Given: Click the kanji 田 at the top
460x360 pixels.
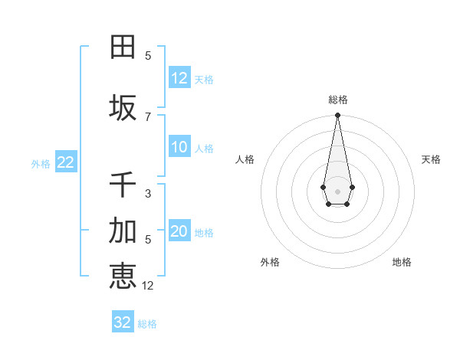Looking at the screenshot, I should pos(123,47).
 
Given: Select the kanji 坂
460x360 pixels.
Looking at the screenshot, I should pos(123,108).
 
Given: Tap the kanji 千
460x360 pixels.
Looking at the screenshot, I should pos(123,185).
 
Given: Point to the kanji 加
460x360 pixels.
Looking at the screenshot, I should pos(123,231).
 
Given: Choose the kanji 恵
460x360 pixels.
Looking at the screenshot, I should pos(123,276).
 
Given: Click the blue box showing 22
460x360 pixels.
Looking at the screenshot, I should pos(65,162).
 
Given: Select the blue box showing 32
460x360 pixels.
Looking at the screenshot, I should pos(123,322).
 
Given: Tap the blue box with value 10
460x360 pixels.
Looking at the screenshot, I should pos(179,147).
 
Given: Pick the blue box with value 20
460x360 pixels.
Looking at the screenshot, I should pos(179,231).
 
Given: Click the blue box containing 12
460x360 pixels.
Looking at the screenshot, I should pos(179,78).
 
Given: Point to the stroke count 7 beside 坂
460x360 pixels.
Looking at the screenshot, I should pos(148,116).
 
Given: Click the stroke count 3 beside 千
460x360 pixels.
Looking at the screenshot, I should pos(148,194).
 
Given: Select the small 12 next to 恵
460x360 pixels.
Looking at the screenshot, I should pos(148,285).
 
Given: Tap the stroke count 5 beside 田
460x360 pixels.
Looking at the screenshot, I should pos(148,55).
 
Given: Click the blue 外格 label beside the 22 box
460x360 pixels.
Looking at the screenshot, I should pos(41,163).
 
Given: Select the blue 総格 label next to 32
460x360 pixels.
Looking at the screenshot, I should pos(147,323).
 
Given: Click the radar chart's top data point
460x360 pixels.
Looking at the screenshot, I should pos(337,116).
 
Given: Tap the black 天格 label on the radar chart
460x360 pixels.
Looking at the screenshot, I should pos(431,159).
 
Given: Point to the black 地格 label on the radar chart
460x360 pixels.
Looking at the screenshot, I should pos(402,262).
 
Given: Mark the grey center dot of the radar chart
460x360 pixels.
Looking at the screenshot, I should pos(337,190).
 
